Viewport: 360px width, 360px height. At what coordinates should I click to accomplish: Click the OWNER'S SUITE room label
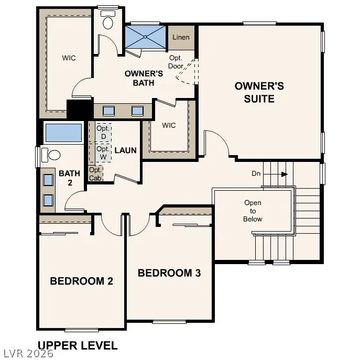pos(259,92)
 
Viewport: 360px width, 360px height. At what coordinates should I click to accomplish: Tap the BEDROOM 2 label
pos(81,281)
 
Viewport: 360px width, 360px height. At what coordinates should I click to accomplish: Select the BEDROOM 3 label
pos(169,273)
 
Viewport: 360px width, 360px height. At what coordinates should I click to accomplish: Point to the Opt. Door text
pos(176,62)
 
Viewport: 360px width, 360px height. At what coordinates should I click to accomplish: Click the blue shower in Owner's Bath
pos(145,37)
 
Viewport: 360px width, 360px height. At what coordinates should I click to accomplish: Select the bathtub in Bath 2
pos(63,133)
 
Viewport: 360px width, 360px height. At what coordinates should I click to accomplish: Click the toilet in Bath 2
pos(50,156)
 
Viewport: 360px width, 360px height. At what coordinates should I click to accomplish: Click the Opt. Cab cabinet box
pos(95,173)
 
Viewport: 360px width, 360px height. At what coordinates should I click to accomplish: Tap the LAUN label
pos(125,150)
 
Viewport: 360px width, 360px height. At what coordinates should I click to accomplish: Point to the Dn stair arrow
pos(276,174)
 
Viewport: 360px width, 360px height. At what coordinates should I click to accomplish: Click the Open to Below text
pos(252,211)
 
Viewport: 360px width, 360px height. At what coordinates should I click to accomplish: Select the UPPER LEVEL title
pos(78,345)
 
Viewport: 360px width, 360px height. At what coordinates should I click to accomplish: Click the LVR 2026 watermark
pos(27,354)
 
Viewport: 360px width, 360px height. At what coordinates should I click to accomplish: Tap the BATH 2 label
pos(69,178)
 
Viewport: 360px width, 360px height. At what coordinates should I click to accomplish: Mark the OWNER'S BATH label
pos(144,78)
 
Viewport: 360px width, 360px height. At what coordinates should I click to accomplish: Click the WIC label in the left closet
pos(69,58)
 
